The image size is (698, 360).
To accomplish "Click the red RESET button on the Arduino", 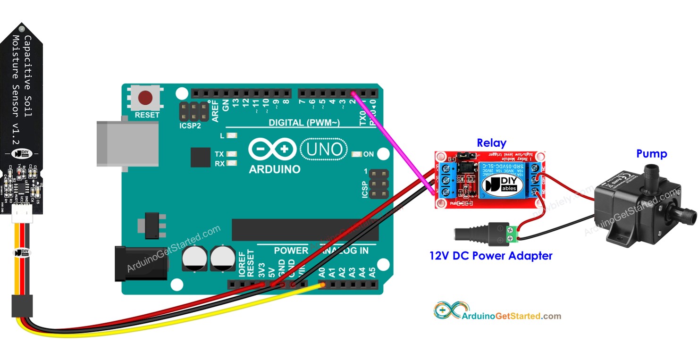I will coord(145,98).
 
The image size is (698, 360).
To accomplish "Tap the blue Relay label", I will coord(491,143).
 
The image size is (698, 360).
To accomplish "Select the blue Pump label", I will coord(651,154).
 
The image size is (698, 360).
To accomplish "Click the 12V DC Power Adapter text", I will coord(491,256).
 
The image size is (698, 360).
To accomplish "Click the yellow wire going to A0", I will coord(189,321).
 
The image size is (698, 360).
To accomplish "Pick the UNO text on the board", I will coord(324,150).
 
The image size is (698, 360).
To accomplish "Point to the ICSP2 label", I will coord(190,127).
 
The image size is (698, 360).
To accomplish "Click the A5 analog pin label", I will coord(372,272).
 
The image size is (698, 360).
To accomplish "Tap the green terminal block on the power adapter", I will coord(512,234).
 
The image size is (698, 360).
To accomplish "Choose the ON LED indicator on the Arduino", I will coord(357,154).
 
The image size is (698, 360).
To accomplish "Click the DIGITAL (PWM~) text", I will coord(304,123).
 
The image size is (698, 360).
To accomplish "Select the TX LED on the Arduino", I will coord(232,154).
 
